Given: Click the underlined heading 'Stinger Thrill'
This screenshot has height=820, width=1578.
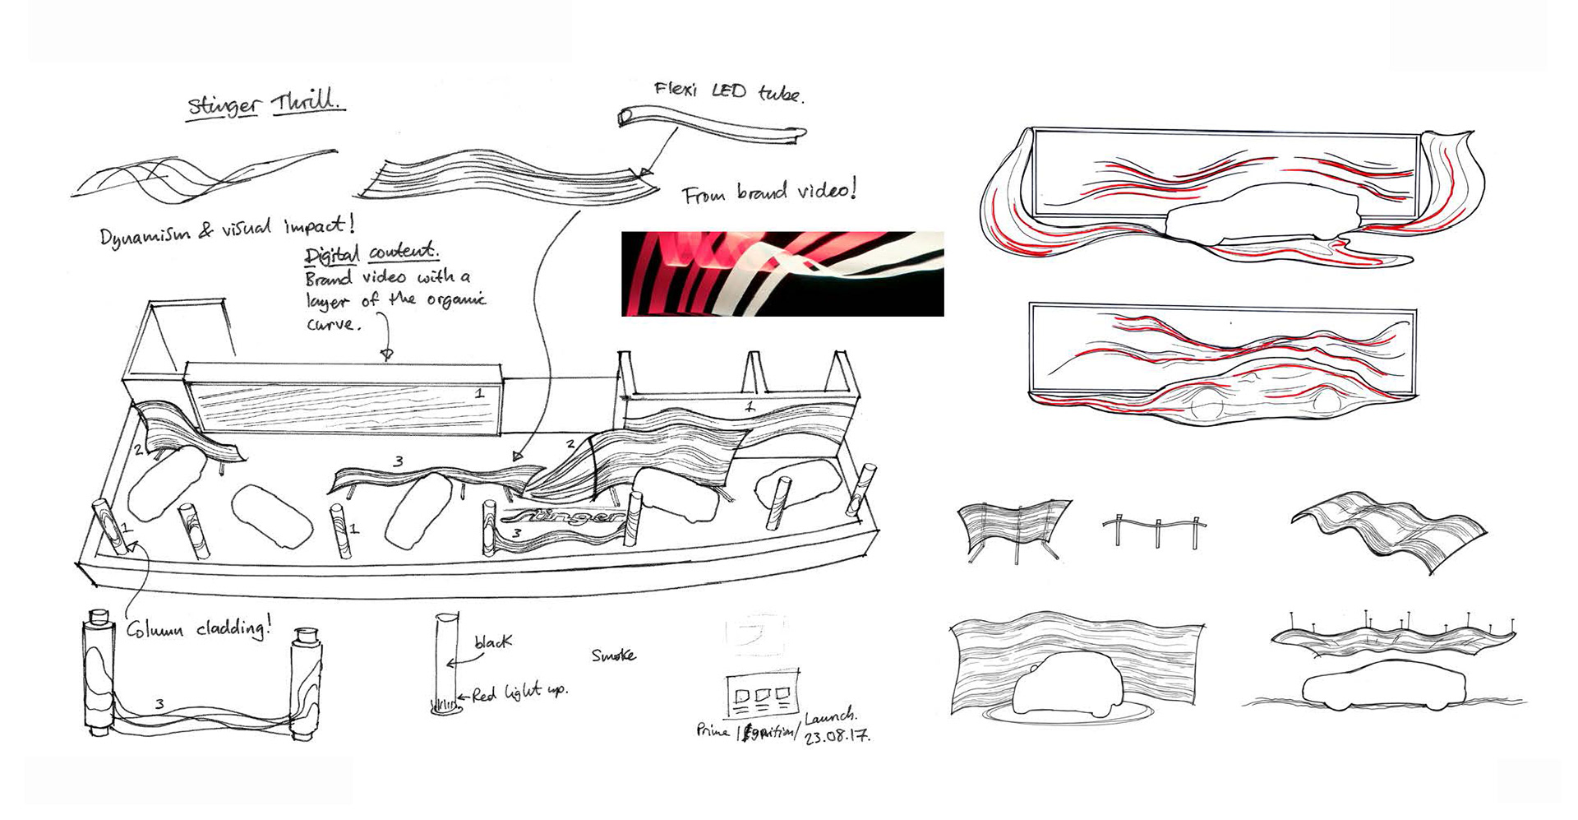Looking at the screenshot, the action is [266, 104].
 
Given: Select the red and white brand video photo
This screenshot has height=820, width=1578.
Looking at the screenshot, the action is [782, 274].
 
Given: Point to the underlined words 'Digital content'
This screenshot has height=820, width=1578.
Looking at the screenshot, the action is [371, 254].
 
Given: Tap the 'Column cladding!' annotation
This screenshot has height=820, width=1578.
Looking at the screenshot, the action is [198, 629].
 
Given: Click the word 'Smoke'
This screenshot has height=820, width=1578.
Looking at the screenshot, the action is [613, 656].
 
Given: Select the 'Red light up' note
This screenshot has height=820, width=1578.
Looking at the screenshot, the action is [519, 693].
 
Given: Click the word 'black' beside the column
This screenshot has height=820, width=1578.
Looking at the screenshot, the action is [492, 642].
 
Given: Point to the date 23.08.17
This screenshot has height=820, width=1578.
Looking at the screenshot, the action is [837, 736].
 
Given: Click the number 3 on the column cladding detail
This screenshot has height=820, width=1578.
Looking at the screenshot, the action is [159, 704].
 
